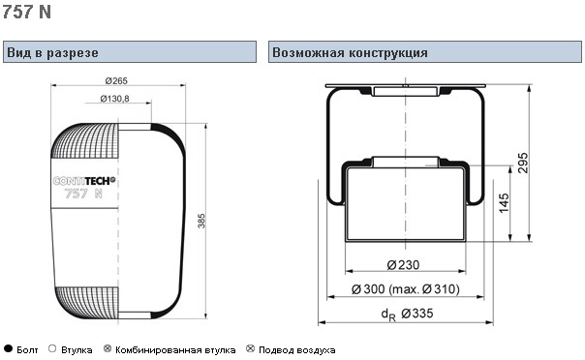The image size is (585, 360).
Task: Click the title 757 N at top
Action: (x=26, y=12)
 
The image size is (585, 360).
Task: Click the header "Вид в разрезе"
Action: (x=52, y=52)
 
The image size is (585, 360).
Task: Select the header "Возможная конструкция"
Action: (x=350, y=52)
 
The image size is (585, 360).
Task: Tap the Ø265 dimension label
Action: (x=116, y=80)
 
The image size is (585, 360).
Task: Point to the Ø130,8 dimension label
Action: (x=114, y=99)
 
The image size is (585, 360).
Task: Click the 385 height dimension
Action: (x=201, y=221)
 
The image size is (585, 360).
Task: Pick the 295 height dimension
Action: (x=523, y=163)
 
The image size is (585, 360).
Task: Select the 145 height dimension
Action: (x=504, y=203)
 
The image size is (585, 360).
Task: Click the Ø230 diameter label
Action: (x=403, y=265)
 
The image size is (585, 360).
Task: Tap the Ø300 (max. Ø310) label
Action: (x=406, y=288)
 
